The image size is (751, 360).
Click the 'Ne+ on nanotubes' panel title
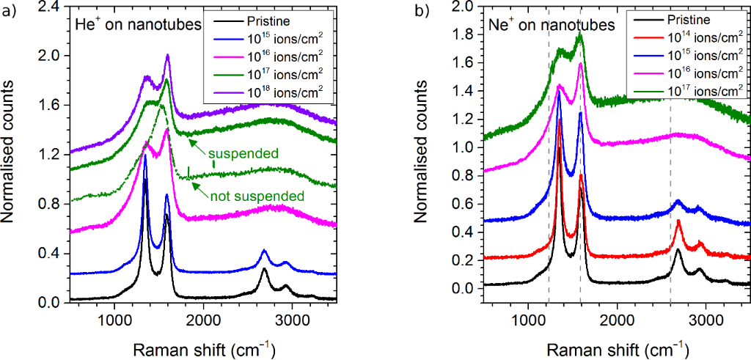(x=552, y=26)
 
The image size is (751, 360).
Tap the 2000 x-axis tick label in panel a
(x=203, y=320)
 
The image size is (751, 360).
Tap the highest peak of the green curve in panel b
(x=580, y=34)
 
